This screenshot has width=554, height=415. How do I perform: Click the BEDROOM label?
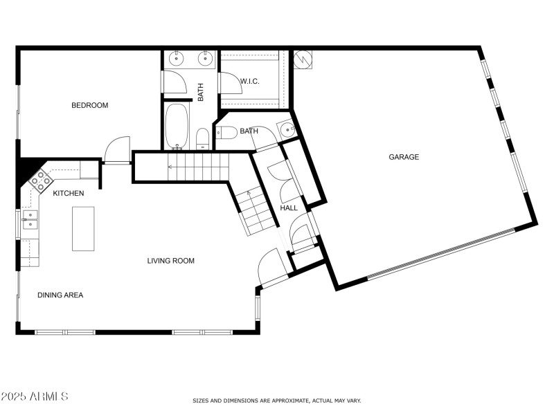pyautogui.click(x=90, y=105)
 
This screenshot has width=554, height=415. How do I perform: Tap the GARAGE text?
pyautogui.click(x=403, y=157)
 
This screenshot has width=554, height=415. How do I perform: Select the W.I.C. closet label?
pyautogui.click(x=249, y=82)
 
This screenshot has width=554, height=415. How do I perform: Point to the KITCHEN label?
pyautogui.click(x=69, y=193)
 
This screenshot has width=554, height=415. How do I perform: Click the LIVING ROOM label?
pyautogui.click(x=170, y=261)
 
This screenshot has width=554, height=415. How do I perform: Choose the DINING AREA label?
pyautogui.click(x=60, y=295)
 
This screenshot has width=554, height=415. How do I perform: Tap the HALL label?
pyautogui.click(x=289, y=207)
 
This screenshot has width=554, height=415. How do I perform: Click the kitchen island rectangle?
pyautogui.click(x=83, y=228)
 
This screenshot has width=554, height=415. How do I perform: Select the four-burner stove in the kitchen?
pyautogui.click(x=39, y=181)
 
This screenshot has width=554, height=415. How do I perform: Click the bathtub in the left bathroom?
pyautogui.click(x=177, y=126)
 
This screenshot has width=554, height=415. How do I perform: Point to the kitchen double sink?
pyautogui.click(x=29, y=219)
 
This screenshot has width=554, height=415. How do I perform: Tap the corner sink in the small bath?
pyautogui.click(x=287, y=129)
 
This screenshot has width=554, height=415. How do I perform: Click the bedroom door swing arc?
pyautogui.click(x=116, y=149)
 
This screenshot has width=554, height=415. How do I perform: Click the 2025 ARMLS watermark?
pyautogui.click(x=35, y=396)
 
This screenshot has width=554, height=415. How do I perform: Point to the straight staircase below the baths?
pyautogui.click(x=197, y=167)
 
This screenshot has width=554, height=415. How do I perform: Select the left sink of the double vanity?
pyautogui.click(x=176, y=59)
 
